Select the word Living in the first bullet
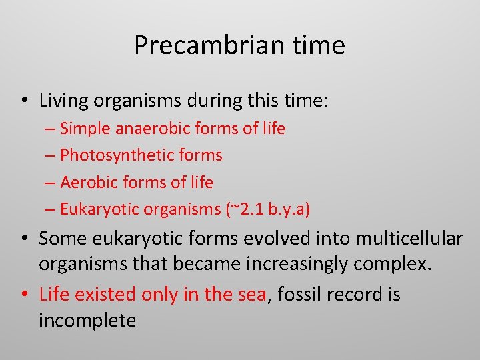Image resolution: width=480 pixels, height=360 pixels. pyautogui.click(x=65, y=101)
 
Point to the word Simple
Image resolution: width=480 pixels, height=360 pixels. pyautogui.click(x=86, y=128)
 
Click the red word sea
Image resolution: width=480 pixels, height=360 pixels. pyautogui.click(x=252, y=294)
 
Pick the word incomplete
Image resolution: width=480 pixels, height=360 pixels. pyautogui.click(x=87, y=321)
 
